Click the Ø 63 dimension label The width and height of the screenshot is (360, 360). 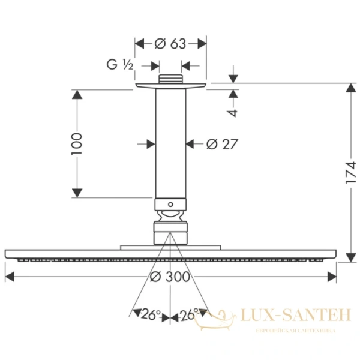(x=171, y=43)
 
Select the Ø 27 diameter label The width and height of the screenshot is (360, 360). (x=222, y=144)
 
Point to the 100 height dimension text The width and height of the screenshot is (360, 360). (x=76, y=143)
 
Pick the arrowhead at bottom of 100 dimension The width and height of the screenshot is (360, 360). (x=76, y=193)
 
